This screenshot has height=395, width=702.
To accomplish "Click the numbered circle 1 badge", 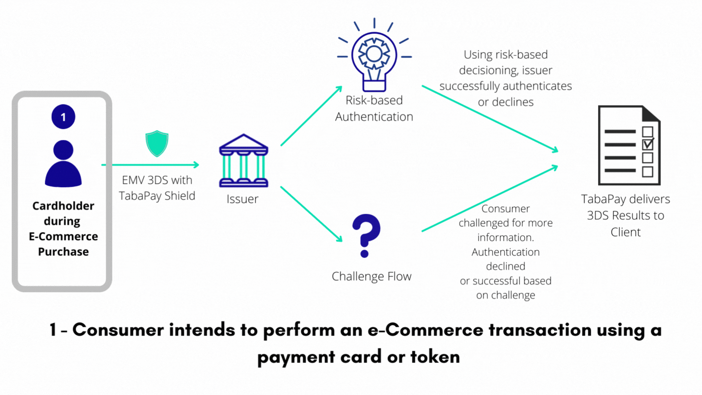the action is pyautogui.click(x=63, y=117).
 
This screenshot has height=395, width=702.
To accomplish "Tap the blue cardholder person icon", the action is pyautogui.click(x=63, y=163).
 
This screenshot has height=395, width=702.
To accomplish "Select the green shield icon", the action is pyautogui.click(x=157, y=143).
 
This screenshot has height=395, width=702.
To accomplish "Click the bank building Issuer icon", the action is pyautogui.click(x=244, y=160).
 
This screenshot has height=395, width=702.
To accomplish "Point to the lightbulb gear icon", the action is pyautogui.click(x=374, y=55).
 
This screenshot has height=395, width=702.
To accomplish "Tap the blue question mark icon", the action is pyautogui.click(x=366, y=236).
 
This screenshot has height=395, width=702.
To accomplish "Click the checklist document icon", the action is pyautogui.click(x=629, y=145).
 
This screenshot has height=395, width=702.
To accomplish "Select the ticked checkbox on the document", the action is pyautogui.click(x=648, y=144).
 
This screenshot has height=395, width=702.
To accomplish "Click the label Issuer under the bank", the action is pyautogui.click(x=243, y=199).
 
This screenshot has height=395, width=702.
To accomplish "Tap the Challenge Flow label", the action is pyautogui.click(x=371, y=276).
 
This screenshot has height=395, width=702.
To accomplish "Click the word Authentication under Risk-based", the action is pyautogui.click(x=374, y=117).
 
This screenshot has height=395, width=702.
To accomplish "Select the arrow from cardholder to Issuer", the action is pyautogui.click(x=151, y=165).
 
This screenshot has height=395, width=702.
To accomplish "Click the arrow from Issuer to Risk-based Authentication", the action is pyautogui.click(x=311, y=116).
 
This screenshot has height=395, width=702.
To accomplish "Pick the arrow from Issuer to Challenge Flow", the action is pyautogui.click(x=311, y=214).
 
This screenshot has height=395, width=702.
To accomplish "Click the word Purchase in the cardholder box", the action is pyautogui.click(x=63, y=252).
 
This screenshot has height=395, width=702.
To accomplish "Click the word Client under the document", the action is pyautogui.click(x=625, y=232).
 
